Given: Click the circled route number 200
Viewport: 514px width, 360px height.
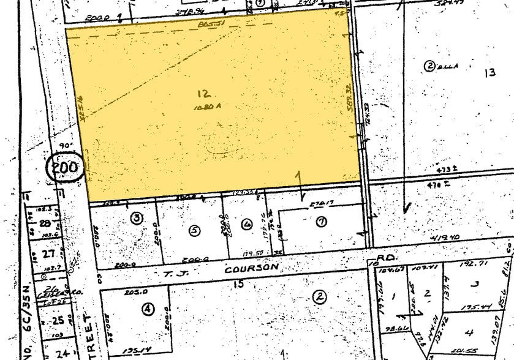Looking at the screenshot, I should click(x=64, y=167).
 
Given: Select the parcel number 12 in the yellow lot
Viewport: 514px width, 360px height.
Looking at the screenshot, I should click(x=204, y=94).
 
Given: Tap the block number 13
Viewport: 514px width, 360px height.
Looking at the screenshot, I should click(x=489, y=73).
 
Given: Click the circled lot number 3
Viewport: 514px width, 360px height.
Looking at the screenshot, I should click(x=136, y=217).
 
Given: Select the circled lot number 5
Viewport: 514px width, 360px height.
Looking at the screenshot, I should click(x=195, y=231).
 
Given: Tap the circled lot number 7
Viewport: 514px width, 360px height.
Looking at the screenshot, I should click(x=320, y=222).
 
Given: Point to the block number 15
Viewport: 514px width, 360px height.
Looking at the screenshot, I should click(x=238, y=283).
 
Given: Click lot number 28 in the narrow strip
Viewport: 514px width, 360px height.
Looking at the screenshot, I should click(x=44, y=224).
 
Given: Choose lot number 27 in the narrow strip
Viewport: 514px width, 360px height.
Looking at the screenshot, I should click(x=43, y=253).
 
